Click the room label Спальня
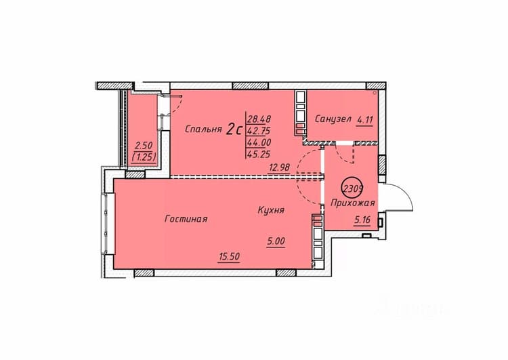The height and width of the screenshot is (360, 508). point(203,129)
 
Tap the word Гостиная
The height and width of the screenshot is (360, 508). point(186,219)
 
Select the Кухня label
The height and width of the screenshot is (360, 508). point(271,210)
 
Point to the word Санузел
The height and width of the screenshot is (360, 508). point(333,119)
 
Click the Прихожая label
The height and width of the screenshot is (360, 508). point(353,203)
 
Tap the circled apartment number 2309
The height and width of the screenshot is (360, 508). point(353,188)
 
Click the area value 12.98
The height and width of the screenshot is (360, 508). point(279,167)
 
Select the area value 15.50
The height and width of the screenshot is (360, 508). point(229,256)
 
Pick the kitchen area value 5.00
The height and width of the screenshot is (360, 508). point(276,241)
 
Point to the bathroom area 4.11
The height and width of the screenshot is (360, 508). point(365,120)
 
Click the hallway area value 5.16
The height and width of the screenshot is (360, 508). point(362,220)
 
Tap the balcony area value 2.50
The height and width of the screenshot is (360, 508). point(144,145)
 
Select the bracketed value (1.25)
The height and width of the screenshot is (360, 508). point(144,157)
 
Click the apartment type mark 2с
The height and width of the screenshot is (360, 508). point(234,129)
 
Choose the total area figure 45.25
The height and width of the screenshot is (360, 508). point(259,155)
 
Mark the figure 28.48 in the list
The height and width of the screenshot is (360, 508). point(259,119)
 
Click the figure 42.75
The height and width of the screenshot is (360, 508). point(259,131)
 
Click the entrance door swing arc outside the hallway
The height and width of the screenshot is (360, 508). point(406,191)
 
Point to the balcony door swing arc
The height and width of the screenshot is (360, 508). point(179,105)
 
